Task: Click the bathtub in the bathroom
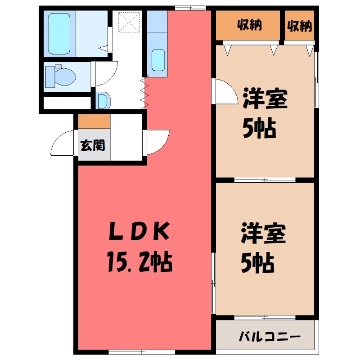(x=60, y=34)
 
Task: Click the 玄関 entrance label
(x=94, y=145)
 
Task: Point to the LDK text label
(x=140, y=233)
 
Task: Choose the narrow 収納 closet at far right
(x=300, y=26)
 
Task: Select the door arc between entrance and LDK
(x=157, y=141)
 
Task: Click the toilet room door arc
(x=103, y=74)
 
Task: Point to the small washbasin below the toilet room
(x=102, y=100)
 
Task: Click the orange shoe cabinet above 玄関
(x=94, y=121)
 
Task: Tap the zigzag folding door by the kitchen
(x=144, y=93)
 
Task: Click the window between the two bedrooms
(x=265, y=180)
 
